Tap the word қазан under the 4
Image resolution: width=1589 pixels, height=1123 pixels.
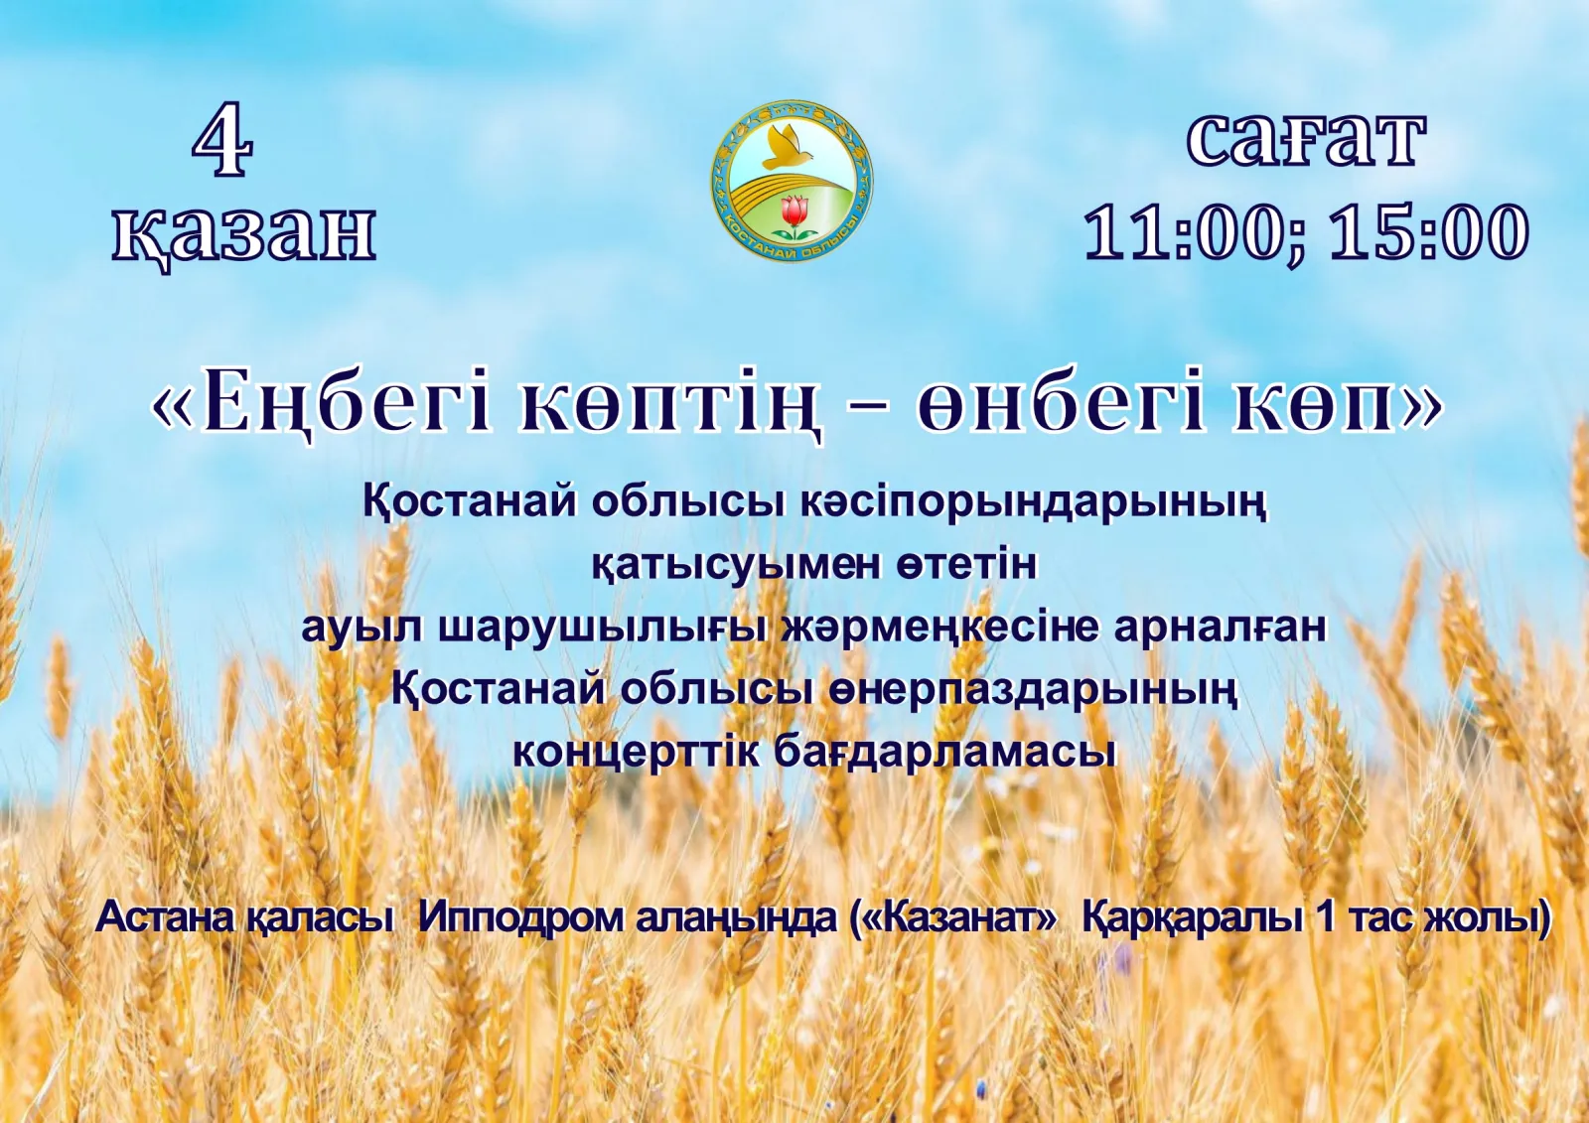click(243, 233)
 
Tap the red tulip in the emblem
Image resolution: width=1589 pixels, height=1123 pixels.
click(794, 211)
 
